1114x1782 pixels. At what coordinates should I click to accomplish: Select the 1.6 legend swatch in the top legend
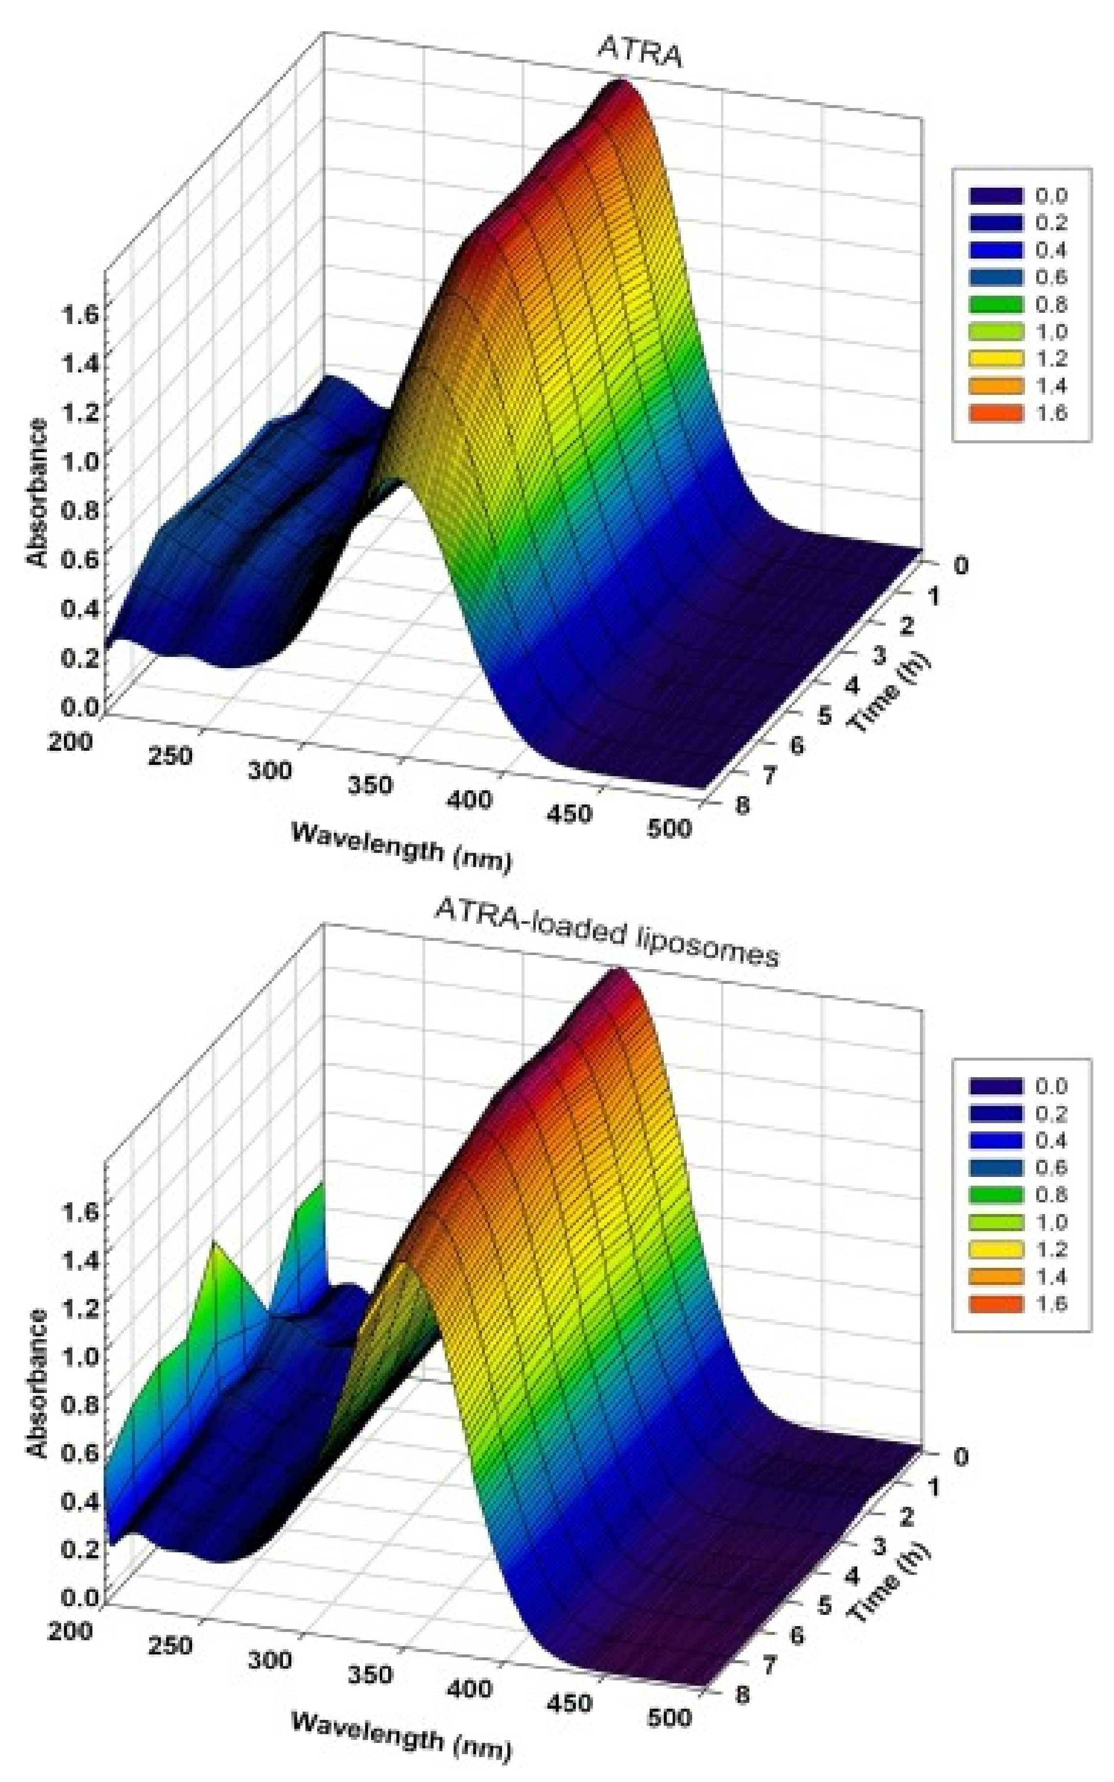[996, 413]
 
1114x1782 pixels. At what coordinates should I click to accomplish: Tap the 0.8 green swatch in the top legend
[996, 304]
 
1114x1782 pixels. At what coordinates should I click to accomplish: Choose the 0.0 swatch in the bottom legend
[996, 1086]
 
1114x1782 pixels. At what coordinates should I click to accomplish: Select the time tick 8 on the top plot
[743, 804]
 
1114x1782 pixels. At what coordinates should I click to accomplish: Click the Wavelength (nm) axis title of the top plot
[401, 847]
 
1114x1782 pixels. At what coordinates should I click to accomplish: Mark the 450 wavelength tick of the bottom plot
[569, 1702]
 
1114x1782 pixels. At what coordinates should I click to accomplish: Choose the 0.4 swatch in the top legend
[996, 250]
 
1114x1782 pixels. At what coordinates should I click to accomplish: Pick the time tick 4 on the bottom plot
[852, 1575]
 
